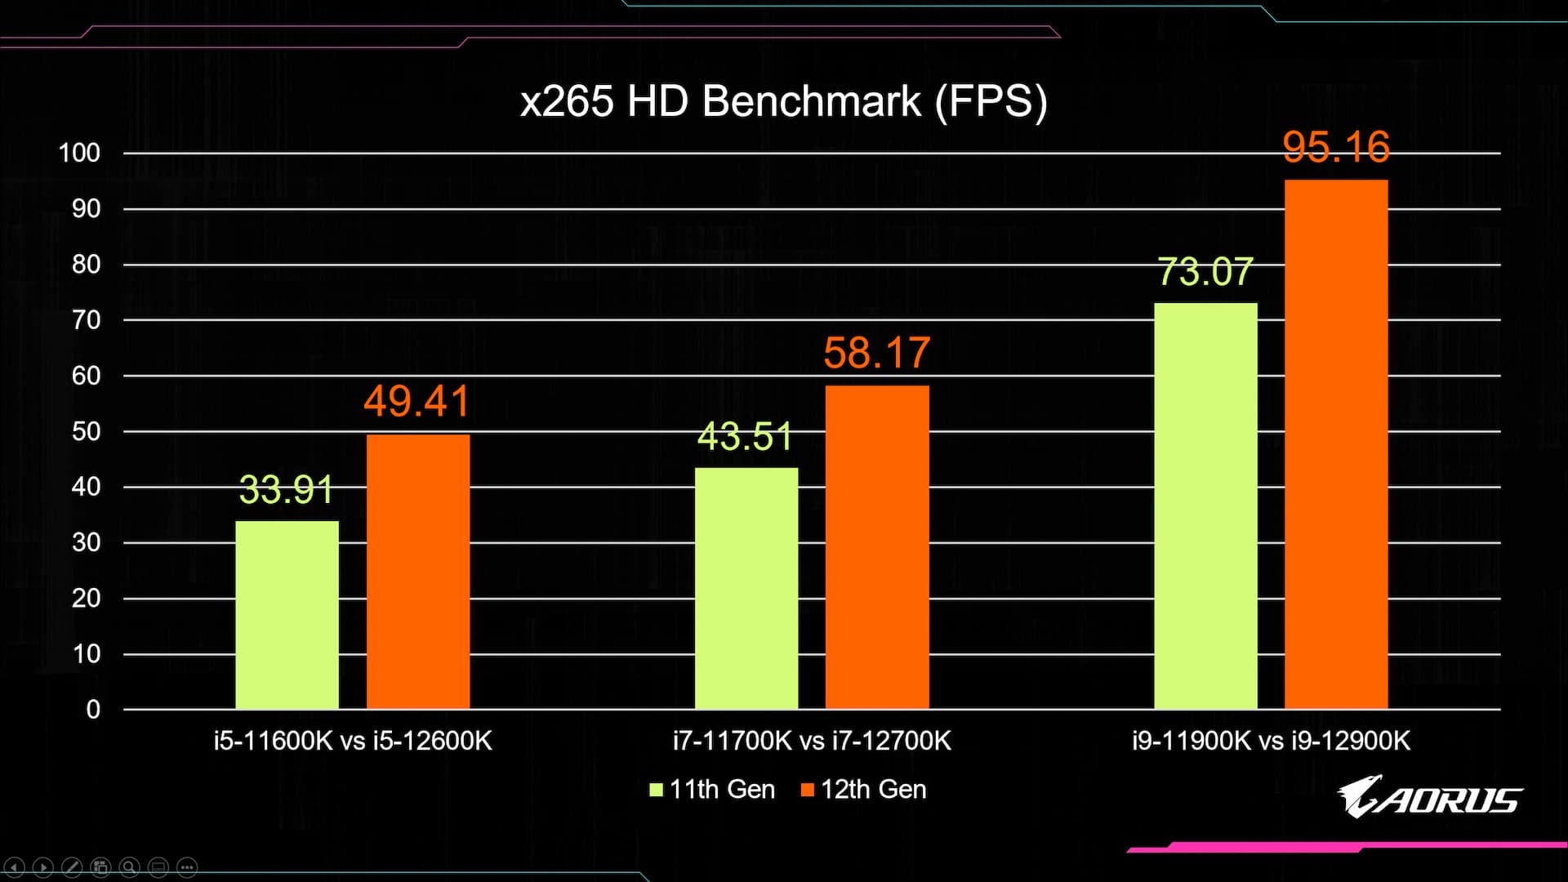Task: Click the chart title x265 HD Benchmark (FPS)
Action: [x=783, y=102]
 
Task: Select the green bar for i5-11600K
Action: [x=287, y=615]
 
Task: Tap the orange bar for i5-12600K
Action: [x=417, y=572]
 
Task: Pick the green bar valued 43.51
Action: [x=746, y=588]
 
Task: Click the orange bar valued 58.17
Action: [x=876, y=547]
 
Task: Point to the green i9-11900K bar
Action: [x=1205, y=506]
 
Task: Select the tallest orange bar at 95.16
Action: [x=1335, y=445]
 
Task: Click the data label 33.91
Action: [x=287, y=490]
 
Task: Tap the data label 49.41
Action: [x=416, y=401]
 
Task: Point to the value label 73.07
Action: [x=1205, y=272]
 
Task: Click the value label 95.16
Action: [x=1335, y=147]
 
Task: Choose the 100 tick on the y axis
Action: [x=79, y=153]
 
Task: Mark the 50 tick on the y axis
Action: [x=86, y=431]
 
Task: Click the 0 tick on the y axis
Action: [x=93, y=710]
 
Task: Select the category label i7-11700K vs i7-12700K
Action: [x=812, y=741]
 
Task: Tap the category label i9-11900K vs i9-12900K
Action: [x=1271, y=741]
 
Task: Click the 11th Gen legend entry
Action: [x=712, y=790]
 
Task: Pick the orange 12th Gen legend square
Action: [x=808, y=790]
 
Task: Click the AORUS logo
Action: [x=1429, y=797]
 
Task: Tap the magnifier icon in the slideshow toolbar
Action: [x=129, y=867]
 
